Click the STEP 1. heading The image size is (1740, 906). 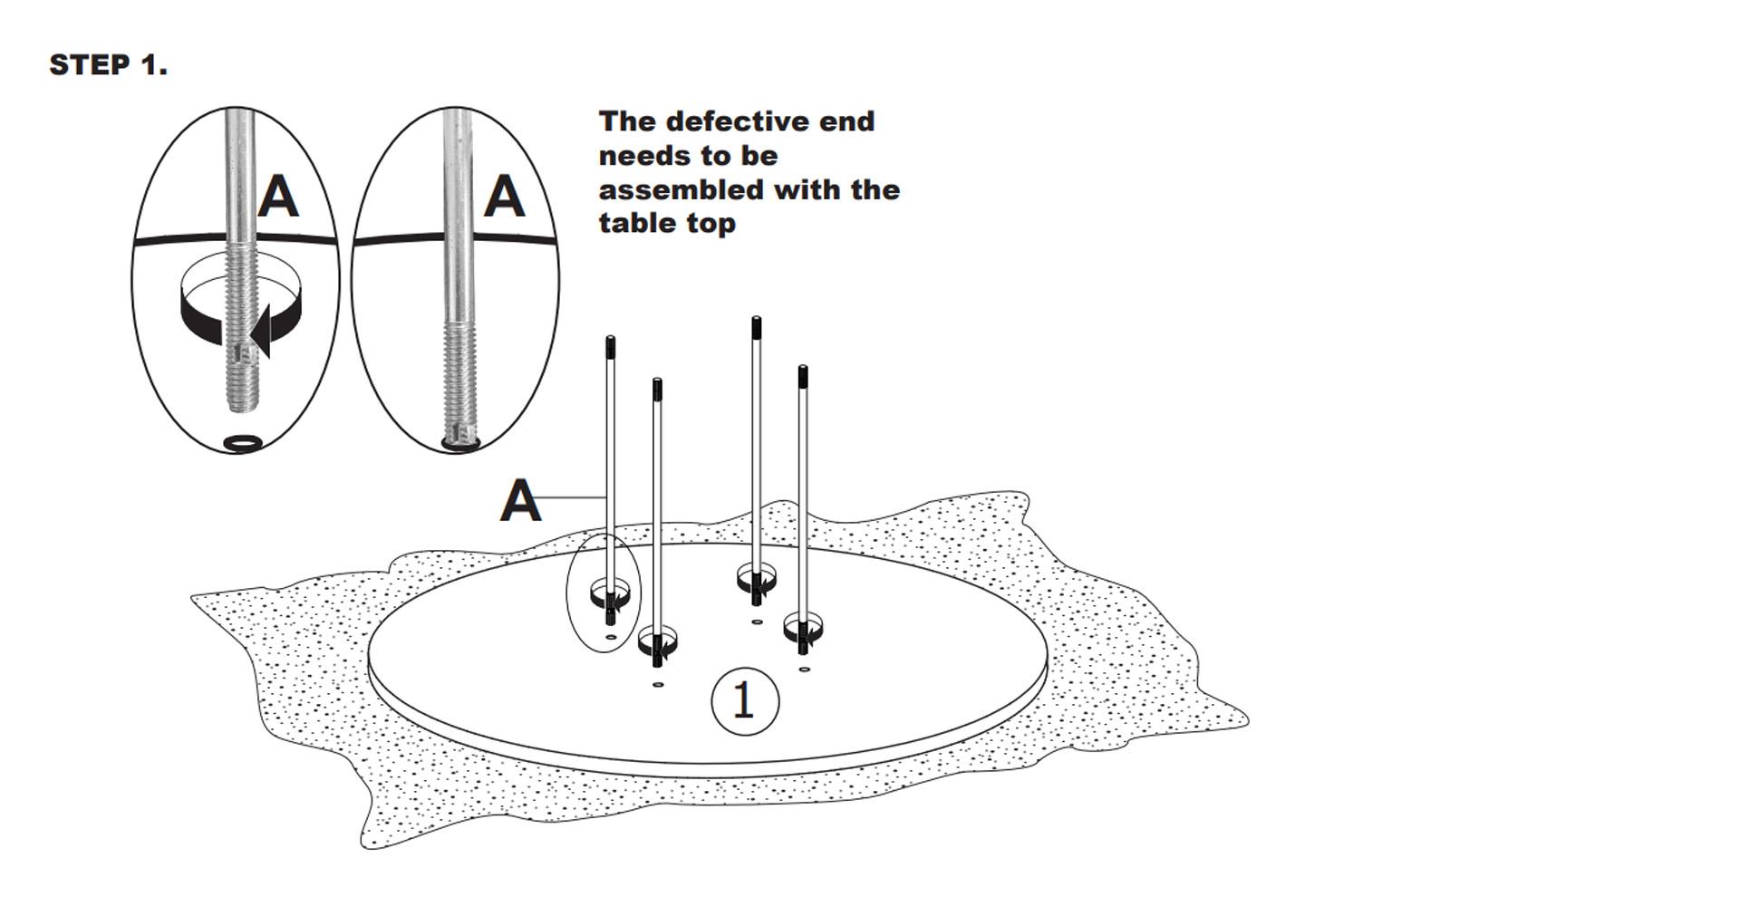[109, 65]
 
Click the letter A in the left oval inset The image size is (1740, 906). [278, 197]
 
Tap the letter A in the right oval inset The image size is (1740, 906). [504, 196]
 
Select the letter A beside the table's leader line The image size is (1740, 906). [520, 501]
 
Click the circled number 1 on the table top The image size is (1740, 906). [744, 701]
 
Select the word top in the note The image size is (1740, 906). [710, 224]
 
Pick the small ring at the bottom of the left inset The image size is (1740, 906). [243, 442]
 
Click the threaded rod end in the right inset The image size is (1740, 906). [459, 381]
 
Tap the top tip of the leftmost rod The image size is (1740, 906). [610, 343]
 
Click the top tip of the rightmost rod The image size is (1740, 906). [802, 372]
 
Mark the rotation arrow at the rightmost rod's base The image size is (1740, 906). [804, 631]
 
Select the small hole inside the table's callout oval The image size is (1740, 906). [610, 638]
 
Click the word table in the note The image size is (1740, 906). [637, 224]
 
